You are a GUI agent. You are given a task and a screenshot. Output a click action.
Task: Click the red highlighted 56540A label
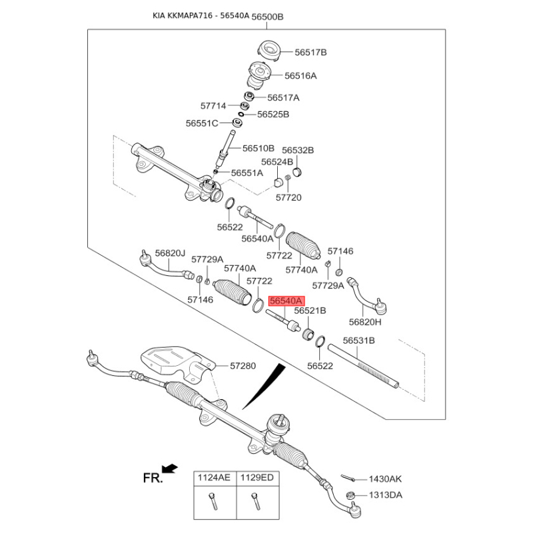click(x=285, y=301)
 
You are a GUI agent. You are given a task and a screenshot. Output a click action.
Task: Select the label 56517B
click(x=310, y=52)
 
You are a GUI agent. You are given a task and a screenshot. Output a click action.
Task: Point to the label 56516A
click(x=300, y=76)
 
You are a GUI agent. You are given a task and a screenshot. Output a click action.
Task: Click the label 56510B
click(x=258, y=148)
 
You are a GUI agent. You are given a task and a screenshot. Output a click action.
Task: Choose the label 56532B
click(x=297, y=151)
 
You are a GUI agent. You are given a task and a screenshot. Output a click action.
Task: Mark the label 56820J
click(x=169, y=253)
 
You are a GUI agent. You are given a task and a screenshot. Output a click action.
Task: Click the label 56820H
click(x=365, y=322)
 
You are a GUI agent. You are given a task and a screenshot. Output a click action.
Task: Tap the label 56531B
click(x=359, y=340)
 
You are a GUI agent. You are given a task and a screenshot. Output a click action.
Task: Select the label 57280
click(x=243, y=366)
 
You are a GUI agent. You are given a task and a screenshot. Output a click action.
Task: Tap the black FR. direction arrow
click(x=170, y=469)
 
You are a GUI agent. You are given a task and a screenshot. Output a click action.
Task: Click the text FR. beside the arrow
click(x=153, y=478)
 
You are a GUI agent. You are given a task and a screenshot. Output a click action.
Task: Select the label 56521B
click(x=310, y=311)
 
